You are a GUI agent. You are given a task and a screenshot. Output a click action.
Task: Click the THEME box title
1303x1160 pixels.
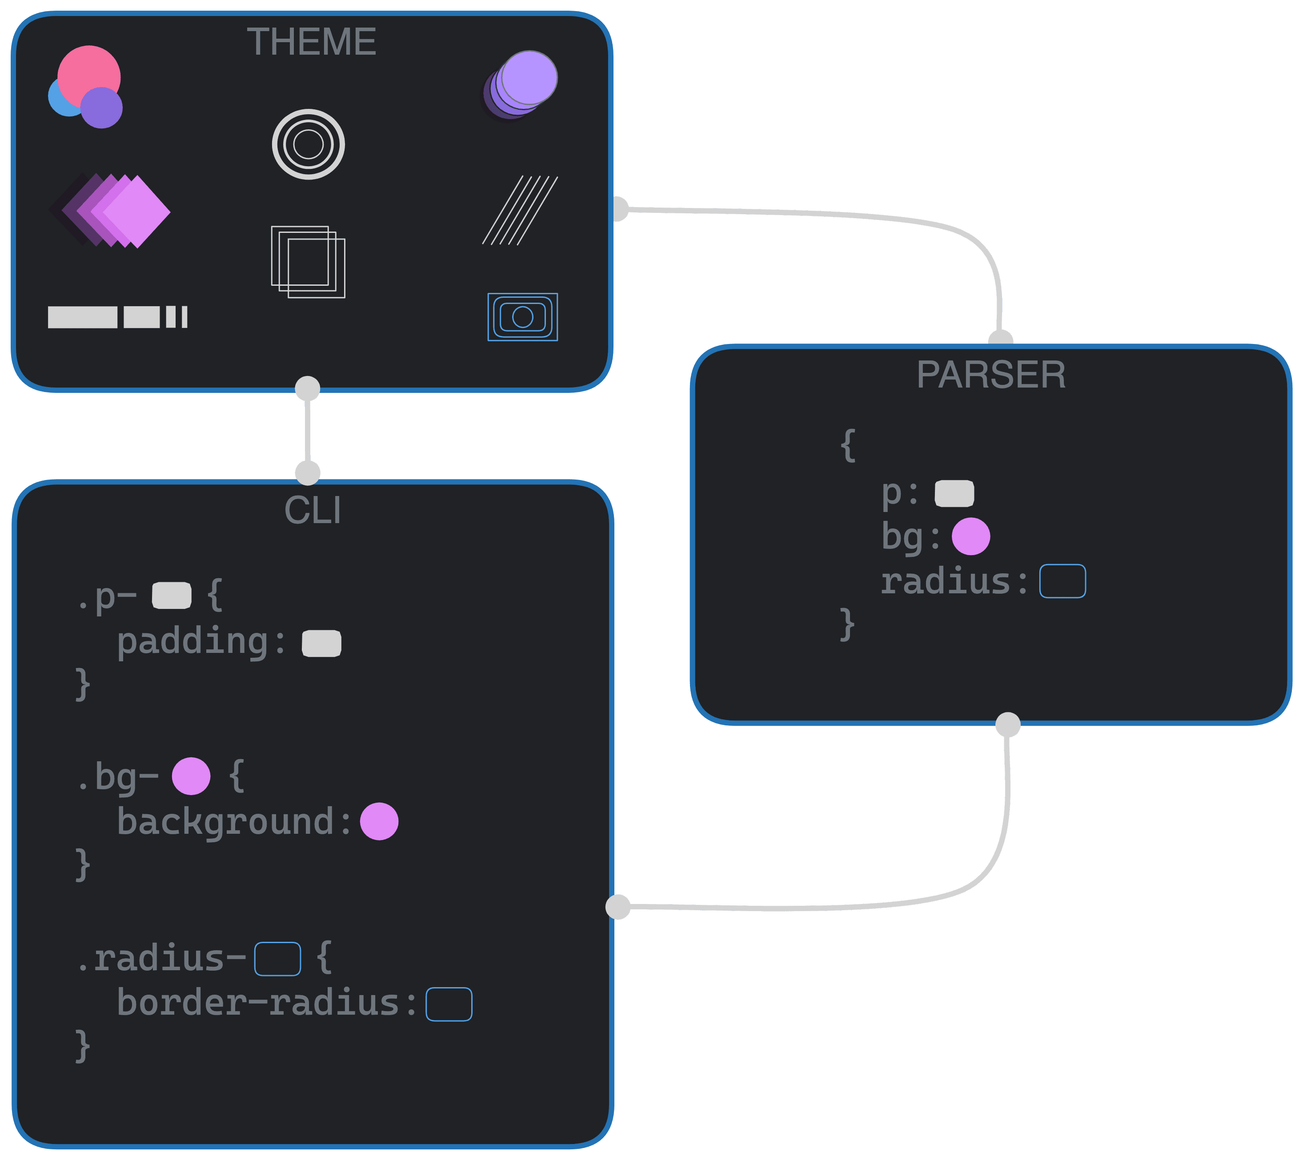click(311, 42)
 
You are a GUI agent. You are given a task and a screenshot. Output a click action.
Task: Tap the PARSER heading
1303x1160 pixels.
click(990, 375)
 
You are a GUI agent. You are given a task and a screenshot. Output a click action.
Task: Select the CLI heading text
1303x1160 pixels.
click(313, 511)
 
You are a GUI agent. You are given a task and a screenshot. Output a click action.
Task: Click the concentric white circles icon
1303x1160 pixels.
click(309, 144)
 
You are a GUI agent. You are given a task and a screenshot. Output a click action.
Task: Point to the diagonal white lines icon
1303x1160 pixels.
click(520, 210)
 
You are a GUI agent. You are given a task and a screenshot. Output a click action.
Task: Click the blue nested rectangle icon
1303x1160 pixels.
click(523, 317)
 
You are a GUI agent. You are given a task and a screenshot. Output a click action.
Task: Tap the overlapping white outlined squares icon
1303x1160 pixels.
click(308, 262)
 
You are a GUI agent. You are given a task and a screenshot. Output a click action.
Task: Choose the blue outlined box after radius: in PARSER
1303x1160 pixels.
click(1062, 581)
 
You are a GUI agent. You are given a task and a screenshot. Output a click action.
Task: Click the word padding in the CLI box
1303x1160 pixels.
click(192, 642)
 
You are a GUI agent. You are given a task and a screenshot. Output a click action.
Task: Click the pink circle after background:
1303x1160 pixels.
click(379, 822)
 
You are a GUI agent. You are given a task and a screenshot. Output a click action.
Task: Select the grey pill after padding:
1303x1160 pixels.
click(321, 643)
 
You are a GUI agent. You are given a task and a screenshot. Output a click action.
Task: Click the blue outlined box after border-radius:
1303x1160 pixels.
click(449, 1004)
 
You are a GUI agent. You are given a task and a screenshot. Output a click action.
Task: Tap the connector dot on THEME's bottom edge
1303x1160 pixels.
click(308, 388)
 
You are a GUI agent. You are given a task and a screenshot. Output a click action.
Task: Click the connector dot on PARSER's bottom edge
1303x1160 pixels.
click(1007, 725)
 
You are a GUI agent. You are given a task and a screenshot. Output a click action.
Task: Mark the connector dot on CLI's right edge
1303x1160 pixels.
click(618, 906)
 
